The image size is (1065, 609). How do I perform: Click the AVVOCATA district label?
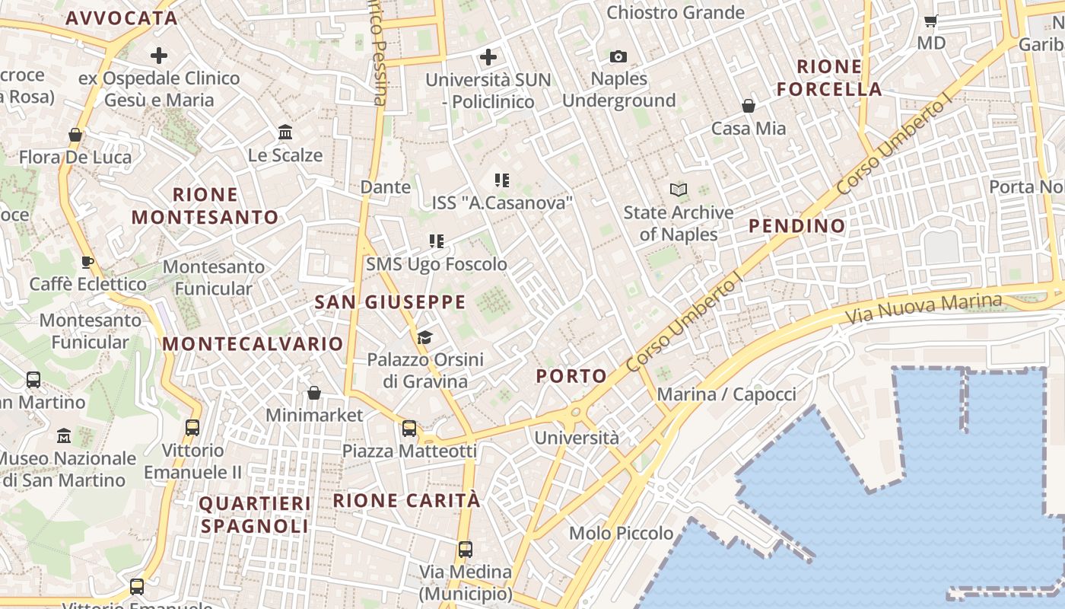(x=122, y=18)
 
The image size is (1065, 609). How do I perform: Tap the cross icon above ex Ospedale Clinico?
(x=158, y=56)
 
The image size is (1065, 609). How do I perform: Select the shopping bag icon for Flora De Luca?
(x=75, y=135)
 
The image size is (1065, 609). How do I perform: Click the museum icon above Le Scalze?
(x=285, y=132)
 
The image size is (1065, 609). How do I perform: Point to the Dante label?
(x=385, y=187)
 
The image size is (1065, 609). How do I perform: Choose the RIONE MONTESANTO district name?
(x=205, y=206)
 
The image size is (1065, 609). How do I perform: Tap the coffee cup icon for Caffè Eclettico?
(x=87, y=262)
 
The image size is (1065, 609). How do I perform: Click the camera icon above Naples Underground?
(x=618, y=56)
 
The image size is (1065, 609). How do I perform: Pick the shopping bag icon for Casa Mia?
(x=749, y=106)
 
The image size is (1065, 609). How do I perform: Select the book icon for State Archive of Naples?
(x=679, y=190)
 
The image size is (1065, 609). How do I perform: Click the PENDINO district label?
(x=796, y=225)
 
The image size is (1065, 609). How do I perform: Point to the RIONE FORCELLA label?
(x=829, y=78)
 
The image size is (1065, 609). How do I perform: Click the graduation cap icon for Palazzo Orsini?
(x=424, y=337)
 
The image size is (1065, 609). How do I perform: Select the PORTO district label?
(x=571, y=376)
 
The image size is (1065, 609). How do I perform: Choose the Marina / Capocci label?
(x=726, y=394)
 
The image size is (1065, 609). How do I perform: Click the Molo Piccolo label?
(x=621, y=533)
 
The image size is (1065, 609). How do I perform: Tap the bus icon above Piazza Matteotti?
(x=409, y=429)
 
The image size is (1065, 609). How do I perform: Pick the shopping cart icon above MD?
(x=930, y=21)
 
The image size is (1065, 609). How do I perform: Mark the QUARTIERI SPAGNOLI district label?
(x=254, y=515)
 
